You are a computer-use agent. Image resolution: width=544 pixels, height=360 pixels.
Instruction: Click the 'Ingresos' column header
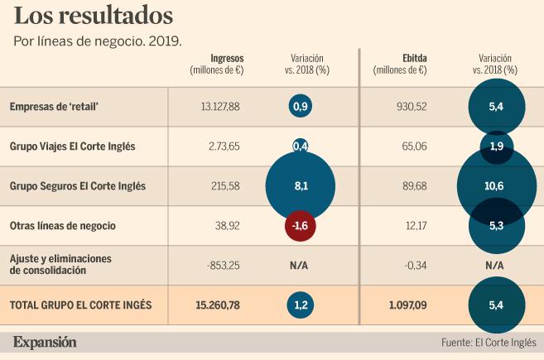pyautogui.click(x=227, y=59)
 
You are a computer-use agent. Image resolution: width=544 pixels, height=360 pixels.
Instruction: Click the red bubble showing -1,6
pyautogui.click(x=301, y=225)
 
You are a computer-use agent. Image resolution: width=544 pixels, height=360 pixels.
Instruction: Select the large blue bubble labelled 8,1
pyautogui.click(x=301, y=186)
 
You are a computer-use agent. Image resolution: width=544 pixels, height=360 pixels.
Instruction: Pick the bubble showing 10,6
pyautogui.click(x=495, y=186)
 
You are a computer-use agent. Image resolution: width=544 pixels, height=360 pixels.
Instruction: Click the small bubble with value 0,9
pyautogui.click(x=301, y=107)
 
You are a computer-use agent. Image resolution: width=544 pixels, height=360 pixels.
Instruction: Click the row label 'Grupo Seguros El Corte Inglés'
pyautogui.click(x=77, y=186)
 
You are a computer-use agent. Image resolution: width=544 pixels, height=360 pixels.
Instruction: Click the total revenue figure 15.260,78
pyautogui.click(x=218, y=305)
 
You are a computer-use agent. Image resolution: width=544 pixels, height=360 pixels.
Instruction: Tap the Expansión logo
pyautogui.click(x=45, y=341)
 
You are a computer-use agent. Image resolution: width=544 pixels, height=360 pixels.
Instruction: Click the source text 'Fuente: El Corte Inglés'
pyautogui.click(x=489, y=342)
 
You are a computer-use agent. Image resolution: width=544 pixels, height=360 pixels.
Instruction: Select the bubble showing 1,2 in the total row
pyautogui.click(x=301, y=305)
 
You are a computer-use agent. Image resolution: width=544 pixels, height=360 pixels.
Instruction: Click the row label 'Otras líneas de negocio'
pyautogui.click(x=62, y=225)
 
